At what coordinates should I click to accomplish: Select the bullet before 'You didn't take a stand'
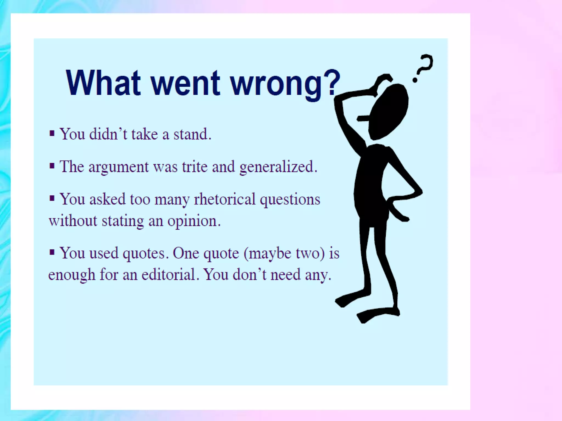coord(52,134)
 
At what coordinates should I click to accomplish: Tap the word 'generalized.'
coord(278,167)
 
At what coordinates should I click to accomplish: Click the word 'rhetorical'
coord(225,199)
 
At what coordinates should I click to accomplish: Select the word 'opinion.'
coord(194,221)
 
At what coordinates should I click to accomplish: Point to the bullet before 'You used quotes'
coord(52,252)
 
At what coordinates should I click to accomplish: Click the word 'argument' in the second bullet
coord(118,167)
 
